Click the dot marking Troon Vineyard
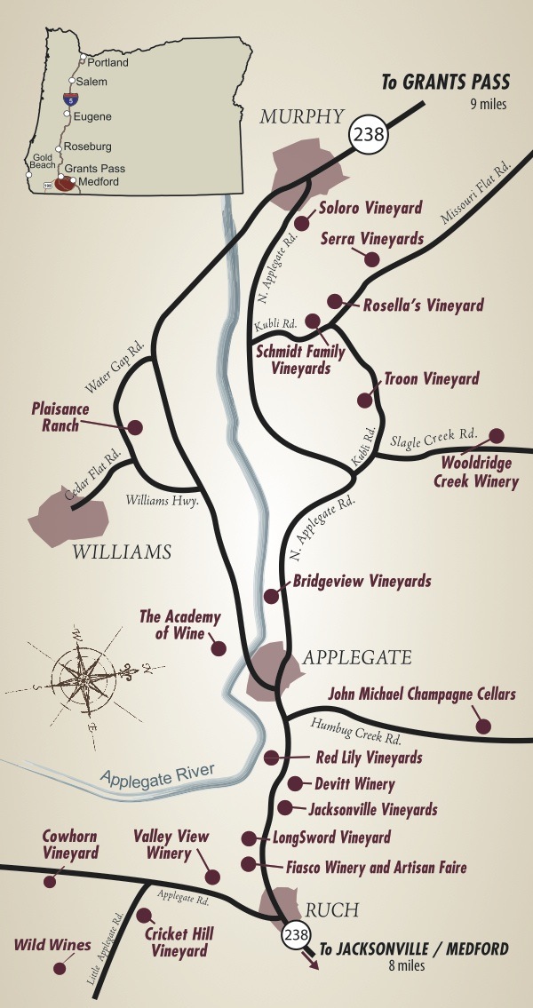(365, 401)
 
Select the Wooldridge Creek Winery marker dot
(497, 435)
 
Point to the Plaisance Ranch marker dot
(136, 427)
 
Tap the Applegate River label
(157, 775)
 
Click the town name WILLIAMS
(121, 552)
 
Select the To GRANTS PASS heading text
(445, 83)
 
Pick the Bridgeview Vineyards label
(362, 582)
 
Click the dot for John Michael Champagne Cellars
(483, 726)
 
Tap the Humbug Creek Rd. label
(355, 732)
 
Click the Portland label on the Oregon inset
(107, 63)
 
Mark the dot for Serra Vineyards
(372, 259)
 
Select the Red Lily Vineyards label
(369, 758)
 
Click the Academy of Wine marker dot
(218, 648)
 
